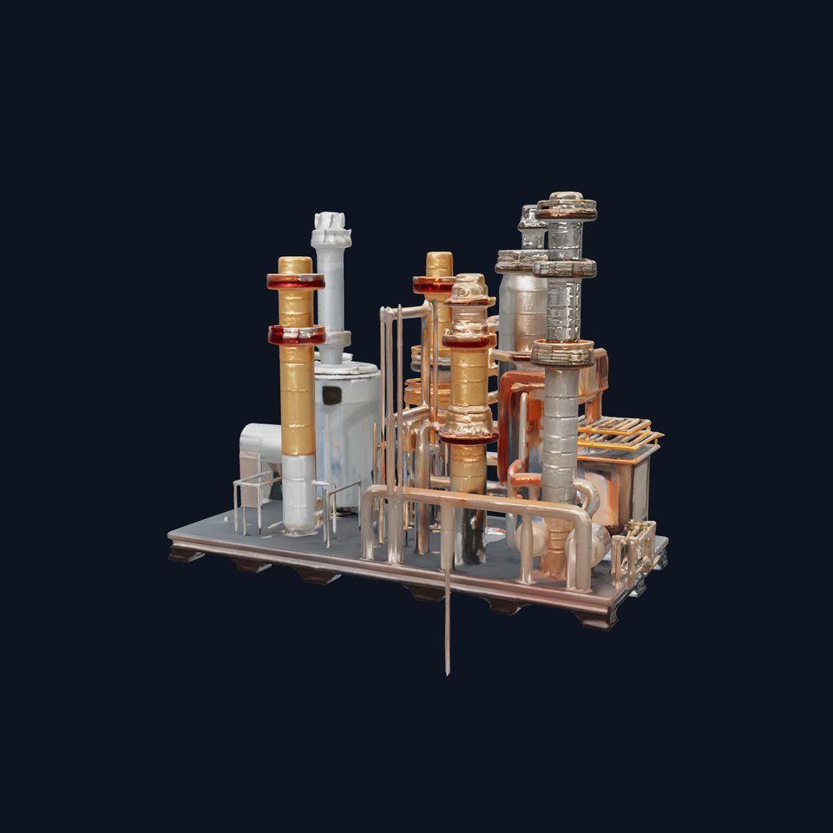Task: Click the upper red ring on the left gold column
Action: pyautogui.click(x=295, y=281)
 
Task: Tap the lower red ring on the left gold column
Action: pyautogui.click(x=297, y=335)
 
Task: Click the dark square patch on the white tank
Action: pyautogui.click(x=331, y=396)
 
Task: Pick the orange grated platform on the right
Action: pyautogui.click(x=618, y=431)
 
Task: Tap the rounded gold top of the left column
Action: pyautogui.click(x=295, y=264)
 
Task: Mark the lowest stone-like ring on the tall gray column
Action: pyautogui.click(x=562, y=352)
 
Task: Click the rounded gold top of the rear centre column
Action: pyautogui.click(x=439, y=263)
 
